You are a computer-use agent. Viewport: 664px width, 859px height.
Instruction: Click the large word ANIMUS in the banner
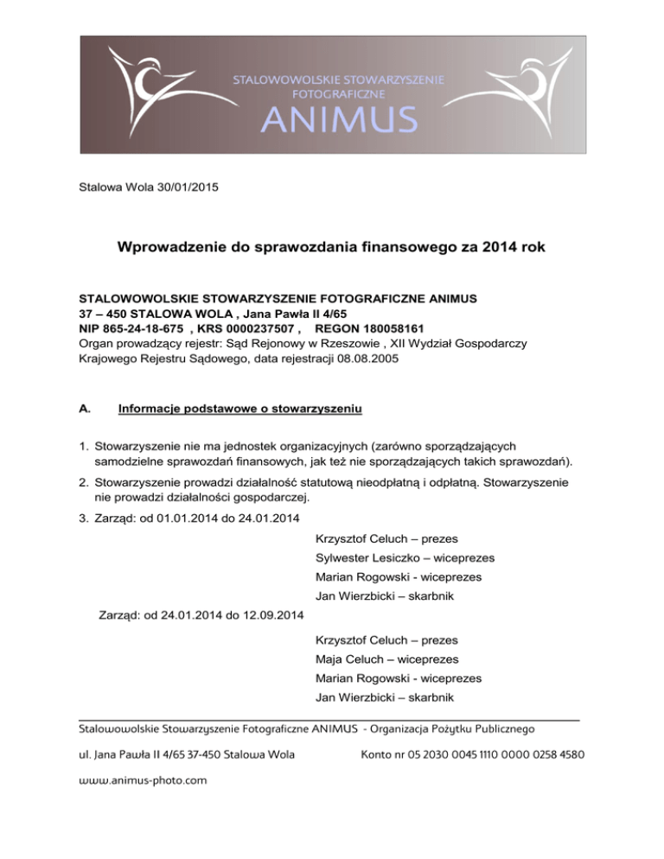pos(339,121)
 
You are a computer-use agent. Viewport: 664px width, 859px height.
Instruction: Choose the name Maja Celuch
pos(351,659)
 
